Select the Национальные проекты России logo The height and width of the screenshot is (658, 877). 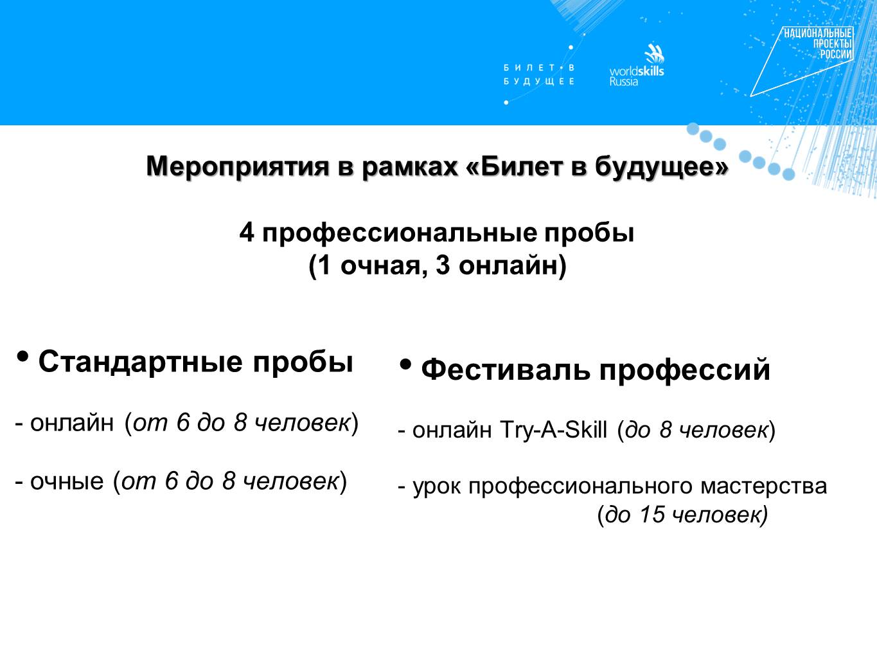(x=802, y=61)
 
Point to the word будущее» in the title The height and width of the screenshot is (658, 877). (x=662, y=167)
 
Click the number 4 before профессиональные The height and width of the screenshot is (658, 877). (x=247, y=233)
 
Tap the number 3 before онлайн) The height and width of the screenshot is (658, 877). (x=443, y=265)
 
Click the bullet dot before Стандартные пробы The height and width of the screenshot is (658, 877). (x=22, y=355)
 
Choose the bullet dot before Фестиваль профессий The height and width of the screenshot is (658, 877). (x=405, y=364)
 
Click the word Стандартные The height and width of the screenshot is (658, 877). (x=141, y=362)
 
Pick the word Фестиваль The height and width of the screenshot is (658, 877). (x=506, y=369)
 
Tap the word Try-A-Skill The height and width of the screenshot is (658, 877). (x=553, y=430)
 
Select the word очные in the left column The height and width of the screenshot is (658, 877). (x=67, y=481)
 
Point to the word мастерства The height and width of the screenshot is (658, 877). (x=763, y=486)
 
